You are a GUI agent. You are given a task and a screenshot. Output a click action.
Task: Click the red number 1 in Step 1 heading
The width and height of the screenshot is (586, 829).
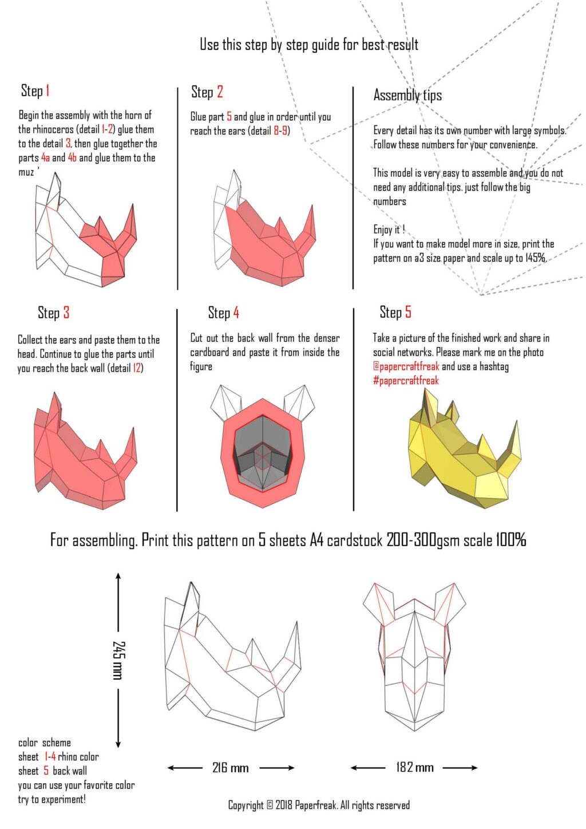pyautogui.click(x=48, y=90)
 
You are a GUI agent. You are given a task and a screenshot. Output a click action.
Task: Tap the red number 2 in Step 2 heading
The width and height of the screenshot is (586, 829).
pyautogui.click(x=220, y=92)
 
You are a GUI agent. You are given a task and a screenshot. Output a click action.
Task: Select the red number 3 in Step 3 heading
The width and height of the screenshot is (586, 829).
pyautogui.click(x=66, y=313)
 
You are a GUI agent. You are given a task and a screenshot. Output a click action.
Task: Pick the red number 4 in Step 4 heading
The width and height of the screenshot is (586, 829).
pyautogui.click(x=236, y=313)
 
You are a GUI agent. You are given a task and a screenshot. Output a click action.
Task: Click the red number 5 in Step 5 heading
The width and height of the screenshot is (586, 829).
pyautogui.click(x=408, y=312)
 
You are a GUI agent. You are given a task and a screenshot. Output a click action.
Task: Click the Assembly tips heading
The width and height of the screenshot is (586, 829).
pyautogui.click(x=407, y=95)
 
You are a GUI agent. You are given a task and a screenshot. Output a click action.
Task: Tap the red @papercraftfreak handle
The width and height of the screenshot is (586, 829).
pyautogui.click(x=406, y=366)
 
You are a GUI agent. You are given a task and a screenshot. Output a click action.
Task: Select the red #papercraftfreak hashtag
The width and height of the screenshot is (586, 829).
pyautogui.click(x=406, y=381)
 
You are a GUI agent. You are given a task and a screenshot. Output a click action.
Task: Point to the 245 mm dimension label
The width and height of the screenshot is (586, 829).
pyautogui.click(x=118, y=660)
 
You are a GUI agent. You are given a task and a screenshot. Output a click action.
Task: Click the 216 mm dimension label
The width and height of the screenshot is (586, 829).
pyautogui.click(x=230, y=768)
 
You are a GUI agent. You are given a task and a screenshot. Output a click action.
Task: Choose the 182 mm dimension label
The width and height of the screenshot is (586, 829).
pyautogui.click(x=414, y=767)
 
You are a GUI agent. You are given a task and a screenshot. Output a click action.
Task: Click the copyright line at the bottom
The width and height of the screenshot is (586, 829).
pyautogui.click(x=319, y=806)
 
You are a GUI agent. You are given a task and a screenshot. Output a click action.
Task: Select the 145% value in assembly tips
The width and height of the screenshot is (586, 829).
pyautogui.click(x=535, y=258)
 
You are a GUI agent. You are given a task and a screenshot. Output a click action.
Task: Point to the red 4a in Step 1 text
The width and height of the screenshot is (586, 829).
pyautogui.click(x=45, y=158)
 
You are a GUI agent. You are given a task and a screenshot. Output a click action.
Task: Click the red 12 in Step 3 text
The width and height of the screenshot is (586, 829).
pyautogui.click(x=137, y=368)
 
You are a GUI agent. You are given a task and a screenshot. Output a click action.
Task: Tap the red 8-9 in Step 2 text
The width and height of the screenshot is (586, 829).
pyautogui.click(x=280, y=131)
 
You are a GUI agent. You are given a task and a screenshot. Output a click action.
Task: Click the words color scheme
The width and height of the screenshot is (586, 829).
pyautogui.click(x=45, y=743)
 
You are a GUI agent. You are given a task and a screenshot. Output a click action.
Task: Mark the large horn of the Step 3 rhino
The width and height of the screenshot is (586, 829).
pyautogui.click(x=129, y=452)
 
